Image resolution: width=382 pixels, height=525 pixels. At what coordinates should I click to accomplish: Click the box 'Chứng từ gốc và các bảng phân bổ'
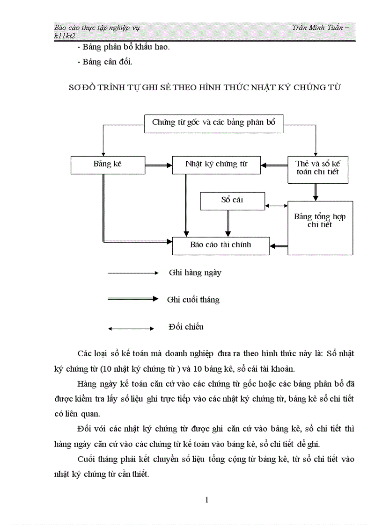214,123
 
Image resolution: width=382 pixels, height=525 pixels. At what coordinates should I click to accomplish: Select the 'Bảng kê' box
108,165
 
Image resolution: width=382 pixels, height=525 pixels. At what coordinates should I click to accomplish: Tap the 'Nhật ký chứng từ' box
216,165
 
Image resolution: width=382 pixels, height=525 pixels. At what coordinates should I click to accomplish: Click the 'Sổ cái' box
232,201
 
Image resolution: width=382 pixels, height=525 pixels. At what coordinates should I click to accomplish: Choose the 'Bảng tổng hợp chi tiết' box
320,228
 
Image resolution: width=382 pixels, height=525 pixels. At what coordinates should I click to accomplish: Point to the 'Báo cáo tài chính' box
221,245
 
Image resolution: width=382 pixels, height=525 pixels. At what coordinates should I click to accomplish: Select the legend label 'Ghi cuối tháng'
193,300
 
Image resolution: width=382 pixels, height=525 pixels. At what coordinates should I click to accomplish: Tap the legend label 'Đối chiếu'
186,327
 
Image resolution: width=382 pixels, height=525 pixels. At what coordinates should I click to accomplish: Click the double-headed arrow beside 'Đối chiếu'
131,329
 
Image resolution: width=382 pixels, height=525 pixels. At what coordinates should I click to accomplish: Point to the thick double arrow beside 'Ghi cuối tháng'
133,299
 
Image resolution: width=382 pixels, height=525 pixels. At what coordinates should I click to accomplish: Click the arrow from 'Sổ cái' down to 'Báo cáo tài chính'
228,223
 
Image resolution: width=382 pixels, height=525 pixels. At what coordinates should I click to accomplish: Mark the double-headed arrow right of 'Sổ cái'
276,206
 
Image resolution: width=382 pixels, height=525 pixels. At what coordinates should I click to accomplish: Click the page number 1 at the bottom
206,500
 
